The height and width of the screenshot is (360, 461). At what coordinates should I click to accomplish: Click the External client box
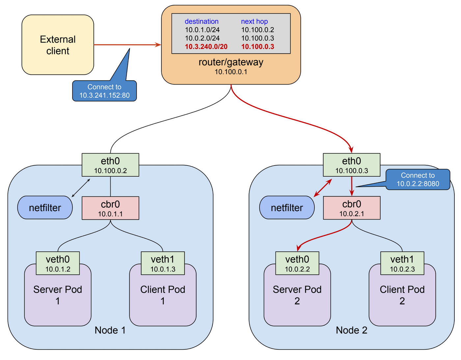coord(58,45)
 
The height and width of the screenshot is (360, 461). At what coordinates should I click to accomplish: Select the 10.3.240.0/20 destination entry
coord(206,46)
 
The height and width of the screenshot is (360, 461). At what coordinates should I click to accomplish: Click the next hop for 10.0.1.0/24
coord(258,30)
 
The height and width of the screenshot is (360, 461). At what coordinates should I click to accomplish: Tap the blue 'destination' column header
coord(202,21)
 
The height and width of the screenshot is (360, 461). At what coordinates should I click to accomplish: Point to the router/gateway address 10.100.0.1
coord(231,72)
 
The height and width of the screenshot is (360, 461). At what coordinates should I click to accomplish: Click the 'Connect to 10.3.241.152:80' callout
coord(104,91)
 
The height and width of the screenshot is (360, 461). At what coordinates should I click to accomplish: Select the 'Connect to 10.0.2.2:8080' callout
coord(418,179)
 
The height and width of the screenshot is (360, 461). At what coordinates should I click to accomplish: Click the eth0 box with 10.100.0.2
coord(110,165)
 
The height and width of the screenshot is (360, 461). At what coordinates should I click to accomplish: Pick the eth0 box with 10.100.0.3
coord(352,165)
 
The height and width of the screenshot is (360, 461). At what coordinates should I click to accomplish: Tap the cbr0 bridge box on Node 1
coord(110,208)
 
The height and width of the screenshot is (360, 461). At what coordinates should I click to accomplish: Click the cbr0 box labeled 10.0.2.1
coord(352,208)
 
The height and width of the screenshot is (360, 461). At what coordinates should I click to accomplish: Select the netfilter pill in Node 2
coord(287,207)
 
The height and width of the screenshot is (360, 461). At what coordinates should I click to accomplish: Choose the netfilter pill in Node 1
coord(45,207)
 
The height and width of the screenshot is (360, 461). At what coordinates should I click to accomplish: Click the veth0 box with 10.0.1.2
coord(58,263)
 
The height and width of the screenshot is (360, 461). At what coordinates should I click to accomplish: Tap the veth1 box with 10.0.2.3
coord(402,263)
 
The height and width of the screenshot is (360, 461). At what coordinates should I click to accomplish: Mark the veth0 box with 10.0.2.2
coord(297,263)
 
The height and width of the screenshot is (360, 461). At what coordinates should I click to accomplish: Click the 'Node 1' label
coord(110,330)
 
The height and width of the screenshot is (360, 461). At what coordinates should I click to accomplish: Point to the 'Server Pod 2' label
coord(297,295)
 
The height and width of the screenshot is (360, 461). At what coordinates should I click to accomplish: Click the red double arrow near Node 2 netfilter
coord(323,188)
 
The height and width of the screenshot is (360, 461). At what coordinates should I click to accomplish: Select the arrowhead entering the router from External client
coord(158,45)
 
